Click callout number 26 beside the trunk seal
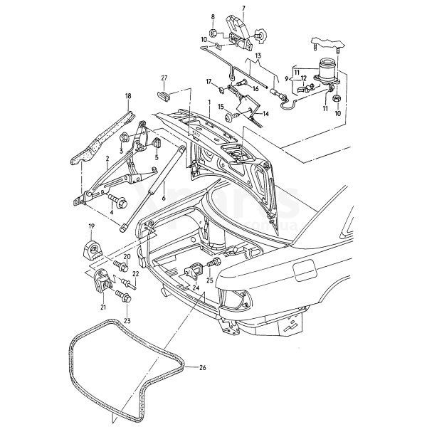[203, 368]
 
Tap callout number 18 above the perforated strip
[129, 95]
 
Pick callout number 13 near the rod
[258, 55]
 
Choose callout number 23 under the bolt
[127, 320]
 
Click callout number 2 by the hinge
[107, 159]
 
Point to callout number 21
[103, 307]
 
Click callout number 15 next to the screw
[221, 107]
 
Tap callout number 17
[210, 82]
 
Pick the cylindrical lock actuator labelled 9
[328, 70]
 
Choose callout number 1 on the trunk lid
[209, 103]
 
